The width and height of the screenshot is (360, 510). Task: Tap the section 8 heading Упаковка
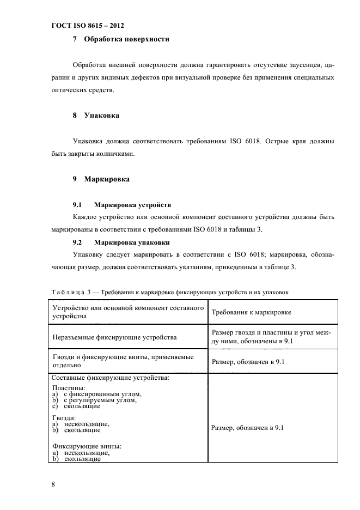102,116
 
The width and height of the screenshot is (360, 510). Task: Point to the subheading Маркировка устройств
132,205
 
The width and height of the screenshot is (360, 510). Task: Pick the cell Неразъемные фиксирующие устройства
114,337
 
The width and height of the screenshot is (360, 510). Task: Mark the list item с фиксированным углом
103,394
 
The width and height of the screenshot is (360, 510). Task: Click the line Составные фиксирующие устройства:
110,377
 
